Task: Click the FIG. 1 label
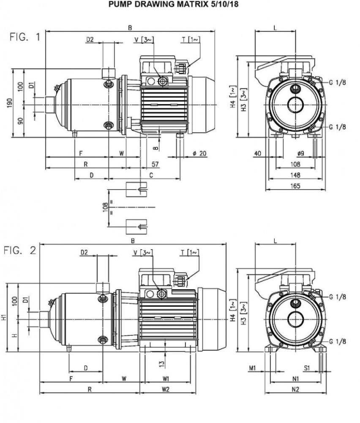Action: (25, 37)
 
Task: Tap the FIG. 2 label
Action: (20, 250)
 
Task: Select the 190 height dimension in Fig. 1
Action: (10, 103)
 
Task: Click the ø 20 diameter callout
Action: (199, 153)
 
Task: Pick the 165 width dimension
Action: (295, 186)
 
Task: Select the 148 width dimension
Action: (295, 175)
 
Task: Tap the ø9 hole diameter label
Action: (301, 153)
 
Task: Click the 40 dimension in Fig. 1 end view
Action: (257, 153)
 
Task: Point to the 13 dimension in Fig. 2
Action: (161, 363)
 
